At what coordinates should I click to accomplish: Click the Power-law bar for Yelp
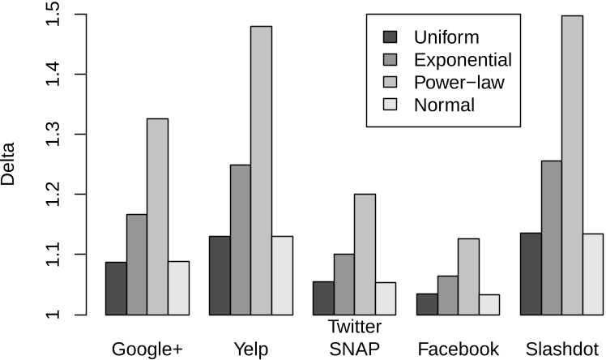tap(261, 170)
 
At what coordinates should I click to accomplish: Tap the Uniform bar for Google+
tap(116, 288)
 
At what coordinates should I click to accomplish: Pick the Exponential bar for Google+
tap(136, 264)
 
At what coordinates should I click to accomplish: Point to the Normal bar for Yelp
tap(282, 275)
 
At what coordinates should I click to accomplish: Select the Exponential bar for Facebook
tap(448, 295)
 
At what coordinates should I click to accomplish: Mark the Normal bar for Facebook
tap(489, 304)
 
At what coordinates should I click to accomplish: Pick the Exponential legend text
tap(462, 60)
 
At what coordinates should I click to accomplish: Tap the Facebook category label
tap(459, 349)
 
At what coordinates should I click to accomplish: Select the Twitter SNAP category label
tap(354, 337)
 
